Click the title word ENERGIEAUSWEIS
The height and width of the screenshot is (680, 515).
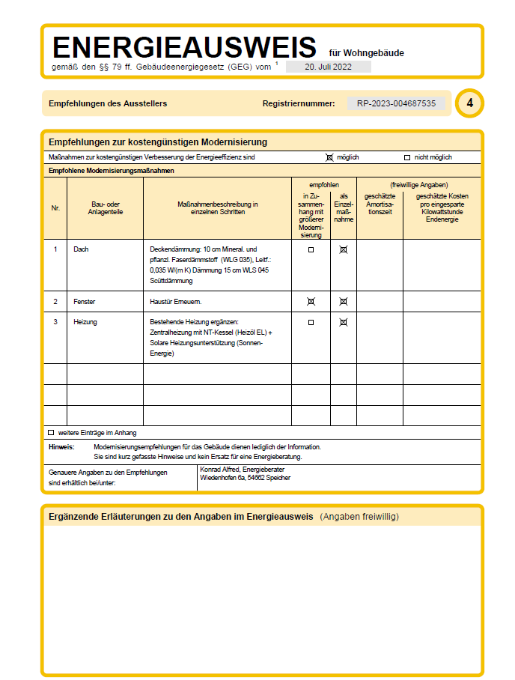pyautogui.click(x=184, y=48)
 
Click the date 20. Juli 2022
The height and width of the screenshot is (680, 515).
pyautogui.click(x=328, y=67)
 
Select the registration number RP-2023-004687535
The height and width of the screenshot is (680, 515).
pyautogui.click(x=396, y=103)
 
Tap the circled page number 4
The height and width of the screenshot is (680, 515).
pyautogui.click(x=469, y=103)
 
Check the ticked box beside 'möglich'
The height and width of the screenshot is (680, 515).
pyautogui.click(x=329, y=157)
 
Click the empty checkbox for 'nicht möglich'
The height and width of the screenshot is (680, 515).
pyautogui.click(x=407, y=157)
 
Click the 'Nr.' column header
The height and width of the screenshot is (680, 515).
pyautogui.click(x=55, y=207)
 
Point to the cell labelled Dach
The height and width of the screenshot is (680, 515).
pyautogui.click(x=82, y=249)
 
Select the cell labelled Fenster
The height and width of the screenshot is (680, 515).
pyautogui.click(x=85, y=301)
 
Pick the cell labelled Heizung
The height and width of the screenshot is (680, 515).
pyautogui.click(x=85, y=322)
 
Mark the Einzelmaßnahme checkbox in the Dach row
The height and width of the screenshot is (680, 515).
pyautogui.click(x=344, y=249)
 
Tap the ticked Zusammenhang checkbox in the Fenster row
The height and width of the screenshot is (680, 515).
pyautogui.click(x=311, y=301)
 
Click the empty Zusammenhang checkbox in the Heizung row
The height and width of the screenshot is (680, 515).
pyautogui.click(x=311, y=322)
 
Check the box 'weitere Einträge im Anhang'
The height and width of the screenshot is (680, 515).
pyautogui.click(x=51, y=432)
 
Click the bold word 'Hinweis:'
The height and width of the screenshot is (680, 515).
pyautogui.click(x=61, y=446)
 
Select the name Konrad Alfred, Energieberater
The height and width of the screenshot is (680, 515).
pyautogui.click(x=244, y=470)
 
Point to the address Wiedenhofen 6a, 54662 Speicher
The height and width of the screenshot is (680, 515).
pyautogui.click(x=245, y=478)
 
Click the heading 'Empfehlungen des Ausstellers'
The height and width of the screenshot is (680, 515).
pyautogui.click(x=108, y=103)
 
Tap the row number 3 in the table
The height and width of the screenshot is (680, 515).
pyautogui.click(x=55, y=322)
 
